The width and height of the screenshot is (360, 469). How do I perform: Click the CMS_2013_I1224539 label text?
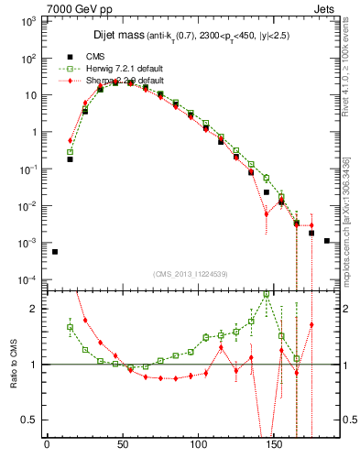point(190,274)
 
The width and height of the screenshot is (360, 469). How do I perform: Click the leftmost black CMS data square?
point(55,252)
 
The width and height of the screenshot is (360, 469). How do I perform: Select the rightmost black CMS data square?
point(327,241)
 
